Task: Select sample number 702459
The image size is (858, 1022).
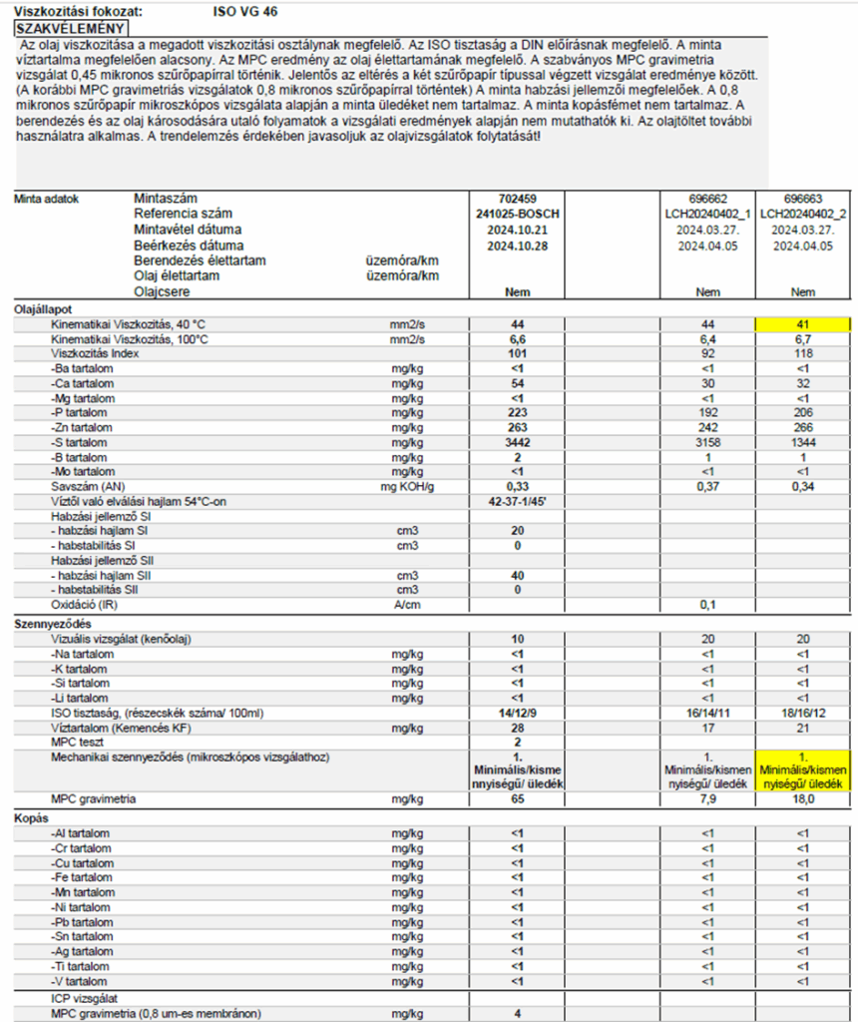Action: click(x=518, y=199)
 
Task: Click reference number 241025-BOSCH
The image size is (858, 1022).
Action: click(x=518, y=214)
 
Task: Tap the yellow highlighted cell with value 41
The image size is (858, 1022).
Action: click(x=803, y=324)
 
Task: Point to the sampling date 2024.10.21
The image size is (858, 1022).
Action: click(x=518, y=229)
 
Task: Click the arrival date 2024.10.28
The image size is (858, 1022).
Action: click(x=518, y=245)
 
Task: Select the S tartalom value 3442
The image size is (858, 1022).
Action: click(x=518, y=440)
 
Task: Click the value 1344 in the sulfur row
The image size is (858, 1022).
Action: click(x=803, y=440)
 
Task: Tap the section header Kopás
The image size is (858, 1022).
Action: click(x=31, y=819)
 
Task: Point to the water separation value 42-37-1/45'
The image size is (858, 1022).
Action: click(x=518, y=500)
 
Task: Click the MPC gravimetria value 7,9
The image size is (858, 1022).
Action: click(x=709, y=799)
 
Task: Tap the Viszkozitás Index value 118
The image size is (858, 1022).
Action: click(x=803, y=353)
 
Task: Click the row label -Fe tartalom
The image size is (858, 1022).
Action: click(x=81, y=876)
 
